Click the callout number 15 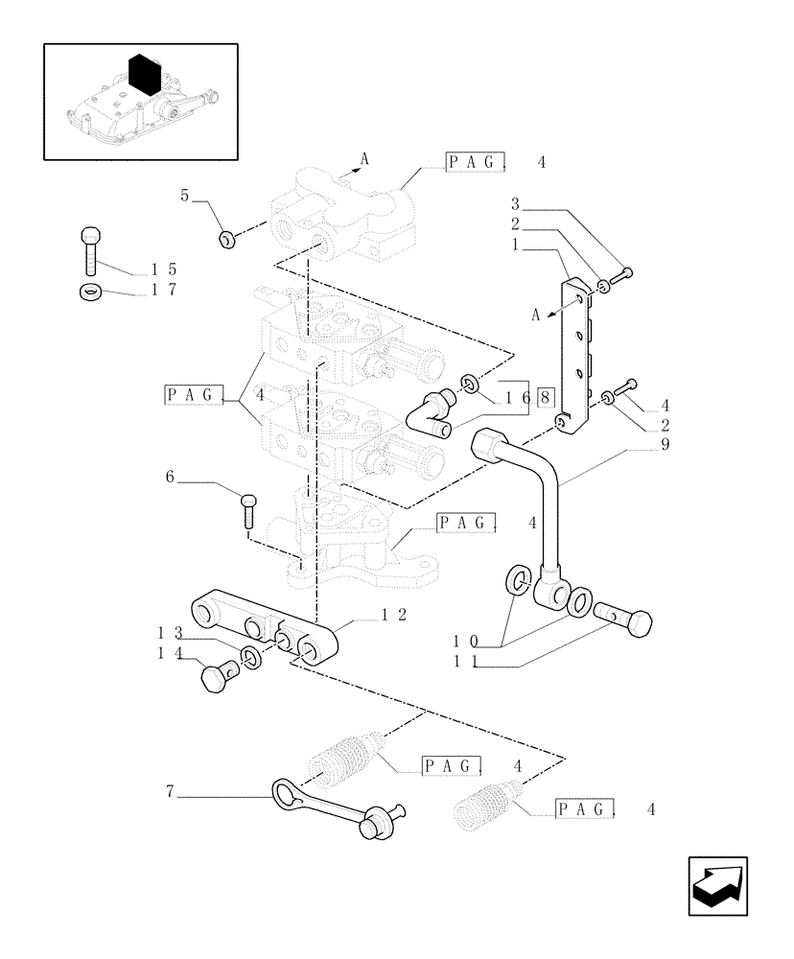click(x=165, y=269)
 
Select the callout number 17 click(x=165, y=292)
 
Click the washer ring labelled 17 click(x=90, y=292)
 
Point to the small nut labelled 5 click(x=225, y=239)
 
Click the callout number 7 click(x=170, y=792)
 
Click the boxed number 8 click(x=545, y=395)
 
